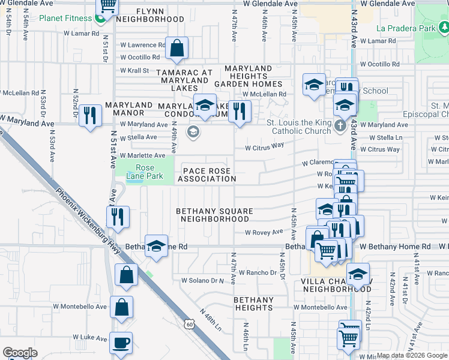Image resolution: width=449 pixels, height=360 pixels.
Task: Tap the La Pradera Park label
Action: pos(406,28)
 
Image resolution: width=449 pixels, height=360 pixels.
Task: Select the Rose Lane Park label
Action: pos(140,172)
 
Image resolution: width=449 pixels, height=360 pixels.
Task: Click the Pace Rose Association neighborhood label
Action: pos(206,175)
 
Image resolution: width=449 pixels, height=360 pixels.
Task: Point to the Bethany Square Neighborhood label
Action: pos(214,215)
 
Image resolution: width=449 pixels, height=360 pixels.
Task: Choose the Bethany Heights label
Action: pos(253,304)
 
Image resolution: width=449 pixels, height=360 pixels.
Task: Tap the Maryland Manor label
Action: pos(128,109)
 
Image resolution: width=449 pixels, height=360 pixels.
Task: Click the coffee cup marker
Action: pos(121,343)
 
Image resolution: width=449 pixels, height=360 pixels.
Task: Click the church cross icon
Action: pos(340,125)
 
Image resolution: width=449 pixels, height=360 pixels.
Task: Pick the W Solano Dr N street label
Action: pos(202,280)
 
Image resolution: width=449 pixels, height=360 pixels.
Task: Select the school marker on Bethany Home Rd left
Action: pos(156,245)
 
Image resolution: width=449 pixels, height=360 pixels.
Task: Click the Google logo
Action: pos(20,353)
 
